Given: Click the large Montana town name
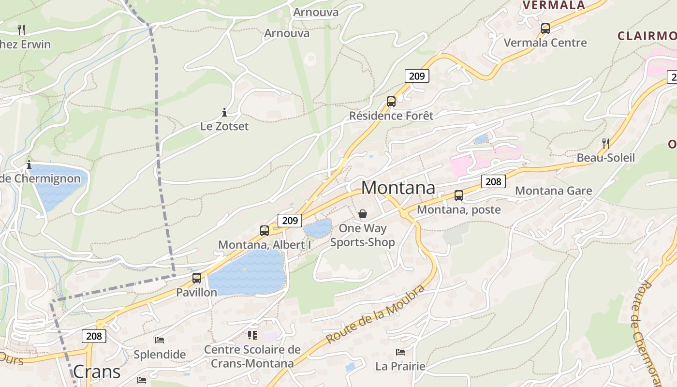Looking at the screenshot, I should [398, 188].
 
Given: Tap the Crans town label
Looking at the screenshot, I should [97, 372].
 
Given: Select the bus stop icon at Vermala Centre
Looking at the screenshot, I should [545, 29].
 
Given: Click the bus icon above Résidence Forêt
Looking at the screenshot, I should [391, 102].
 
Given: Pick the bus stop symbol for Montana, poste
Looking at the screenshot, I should [458, 195].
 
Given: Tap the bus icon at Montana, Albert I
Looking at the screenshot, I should [264, 230].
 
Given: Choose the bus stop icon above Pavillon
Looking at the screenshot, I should [196, 278].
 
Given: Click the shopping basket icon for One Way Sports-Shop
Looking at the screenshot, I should [363, 214].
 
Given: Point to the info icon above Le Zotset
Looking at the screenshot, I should [224, 113].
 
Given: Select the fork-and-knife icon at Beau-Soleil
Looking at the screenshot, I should [605, 143].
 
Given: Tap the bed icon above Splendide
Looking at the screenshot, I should [160, 340].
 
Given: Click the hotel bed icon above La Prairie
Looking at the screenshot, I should [400, 352].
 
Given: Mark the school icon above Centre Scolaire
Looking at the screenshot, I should [252, 335].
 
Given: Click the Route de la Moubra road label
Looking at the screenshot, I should [375, 314].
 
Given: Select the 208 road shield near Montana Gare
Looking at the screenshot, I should [493, 181].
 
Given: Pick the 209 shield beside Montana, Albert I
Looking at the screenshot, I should [290, 221].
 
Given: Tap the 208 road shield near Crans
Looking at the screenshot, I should [94, 336].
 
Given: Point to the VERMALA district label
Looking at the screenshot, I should [554, 5].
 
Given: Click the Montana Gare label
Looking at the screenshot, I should [553, 191].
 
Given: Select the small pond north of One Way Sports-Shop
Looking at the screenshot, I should [318, 228].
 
